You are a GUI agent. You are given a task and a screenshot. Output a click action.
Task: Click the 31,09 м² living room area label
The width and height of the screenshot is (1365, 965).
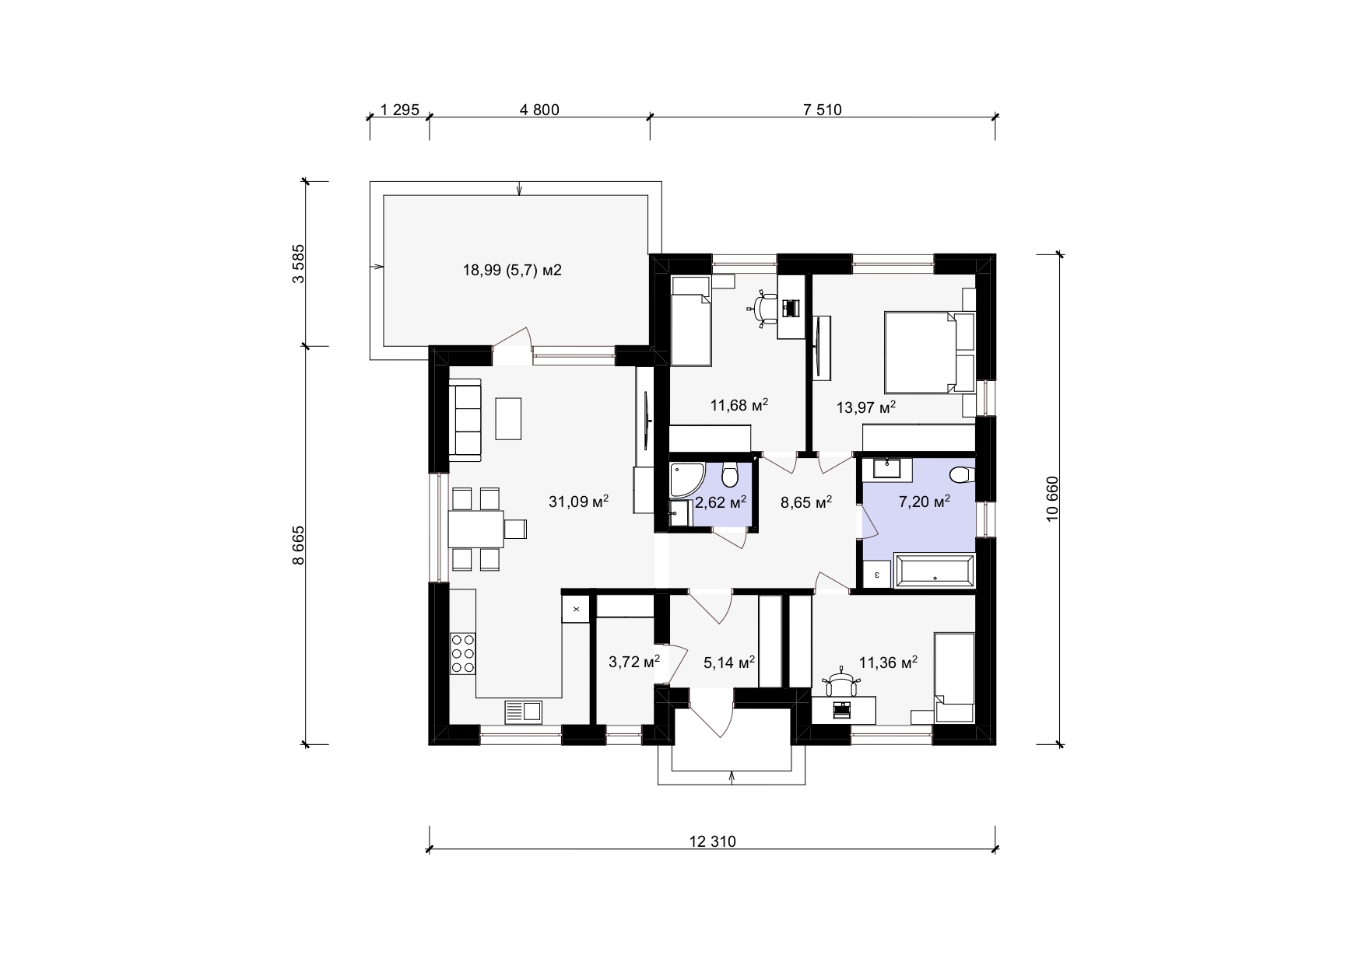pos(578,502)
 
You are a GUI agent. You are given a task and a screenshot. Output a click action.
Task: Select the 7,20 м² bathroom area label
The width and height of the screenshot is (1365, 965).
pos(925,502)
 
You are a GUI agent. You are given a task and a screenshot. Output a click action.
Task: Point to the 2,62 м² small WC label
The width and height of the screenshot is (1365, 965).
pos(721,502)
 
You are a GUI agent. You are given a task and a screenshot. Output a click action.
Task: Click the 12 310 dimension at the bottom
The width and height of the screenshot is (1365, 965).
pos(712,841)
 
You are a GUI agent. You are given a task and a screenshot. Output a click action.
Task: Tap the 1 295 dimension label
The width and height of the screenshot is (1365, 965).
pos(400,110)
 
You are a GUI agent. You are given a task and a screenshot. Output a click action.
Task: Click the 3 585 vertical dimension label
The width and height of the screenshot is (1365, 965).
pos(299,264)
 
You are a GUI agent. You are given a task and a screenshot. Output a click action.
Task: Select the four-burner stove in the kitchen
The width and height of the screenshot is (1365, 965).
pos(463,652)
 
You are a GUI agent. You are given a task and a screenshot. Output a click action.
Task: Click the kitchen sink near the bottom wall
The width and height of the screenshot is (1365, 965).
pos(524,712)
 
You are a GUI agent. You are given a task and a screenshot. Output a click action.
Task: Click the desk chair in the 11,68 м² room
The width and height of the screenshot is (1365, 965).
pos(766,309)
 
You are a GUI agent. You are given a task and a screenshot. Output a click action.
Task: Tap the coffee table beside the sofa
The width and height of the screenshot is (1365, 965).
pos(508,418)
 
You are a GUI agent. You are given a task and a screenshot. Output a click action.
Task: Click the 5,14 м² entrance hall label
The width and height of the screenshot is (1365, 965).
pos(730,663)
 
